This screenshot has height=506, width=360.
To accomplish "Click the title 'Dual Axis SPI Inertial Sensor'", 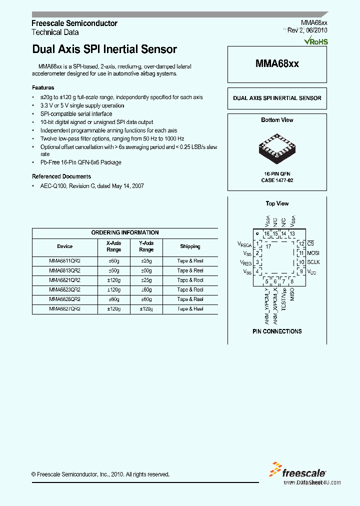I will pos(104,49).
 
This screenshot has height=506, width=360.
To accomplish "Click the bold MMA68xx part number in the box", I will pos(277,63).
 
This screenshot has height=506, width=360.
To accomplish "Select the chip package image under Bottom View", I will pos(277,148).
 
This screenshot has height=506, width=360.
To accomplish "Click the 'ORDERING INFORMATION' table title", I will pos(125,232).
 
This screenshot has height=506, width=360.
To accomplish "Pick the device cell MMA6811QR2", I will pos(64,261).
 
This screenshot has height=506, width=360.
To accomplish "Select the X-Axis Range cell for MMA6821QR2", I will pos(113,280).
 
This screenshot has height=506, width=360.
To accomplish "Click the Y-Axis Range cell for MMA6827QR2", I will pos(146,309).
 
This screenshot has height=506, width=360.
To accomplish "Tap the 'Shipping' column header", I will pos(190,246).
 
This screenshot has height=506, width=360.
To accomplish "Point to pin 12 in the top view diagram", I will pos(301,243).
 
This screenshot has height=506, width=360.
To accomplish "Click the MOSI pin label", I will pos(313,253).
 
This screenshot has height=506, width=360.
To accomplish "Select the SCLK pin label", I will pos(313,262).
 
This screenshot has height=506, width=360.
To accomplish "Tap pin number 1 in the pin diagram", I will pos(257,243).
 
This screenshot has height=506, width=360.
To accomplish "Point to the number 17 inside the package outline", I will pos(268,247).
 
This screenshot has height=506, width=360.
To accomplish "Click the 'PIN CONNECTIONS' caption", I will pos(277,331).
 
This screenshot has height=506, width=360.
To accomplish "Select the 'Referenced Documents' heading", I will pos(61,176).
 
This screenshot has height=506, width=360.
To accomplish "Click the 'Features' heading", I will pos(43,87).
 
